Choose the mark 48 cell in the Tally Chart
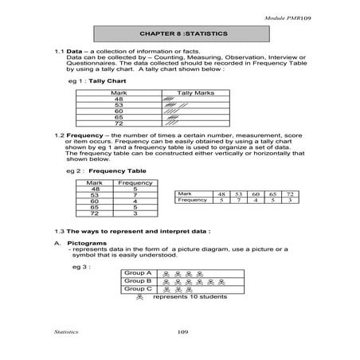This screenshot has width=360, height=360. point(118,99)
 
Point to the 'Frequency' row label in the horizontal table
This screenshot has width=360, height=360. point(192,201)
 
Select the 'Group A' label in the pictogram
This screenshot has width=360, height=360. point(137,272)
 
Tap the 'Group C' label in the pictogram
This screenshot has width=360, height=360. point(137,289)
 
